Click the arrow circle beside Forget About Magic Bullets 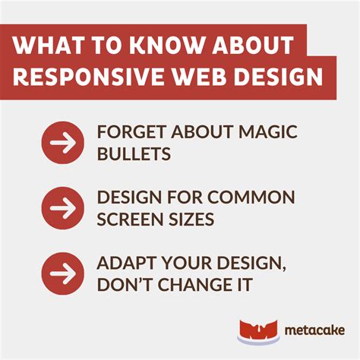[62, 142]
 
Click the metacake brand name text [314, 330]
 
